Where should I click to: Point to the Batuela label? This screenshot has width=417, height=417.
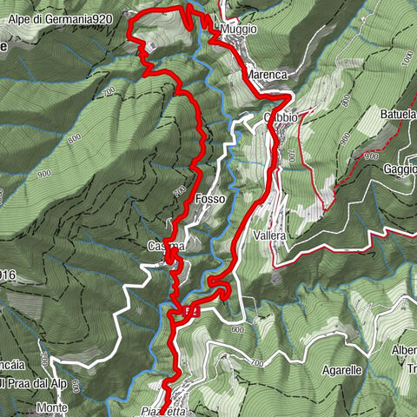tap(398, 113)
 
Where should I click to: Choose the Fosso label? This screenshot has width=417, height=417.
tap(211, 199)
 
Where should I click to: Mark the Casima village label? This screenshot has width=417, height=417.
tap(165, 247)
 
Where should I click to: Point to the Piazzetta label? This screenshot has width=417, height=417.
tap(163, 412)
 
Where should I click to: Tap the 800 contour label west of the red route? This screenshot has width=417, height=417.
tap(73, 136)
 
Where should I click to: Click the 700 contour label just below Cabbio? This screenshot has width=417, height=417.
tap(290, 156)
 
